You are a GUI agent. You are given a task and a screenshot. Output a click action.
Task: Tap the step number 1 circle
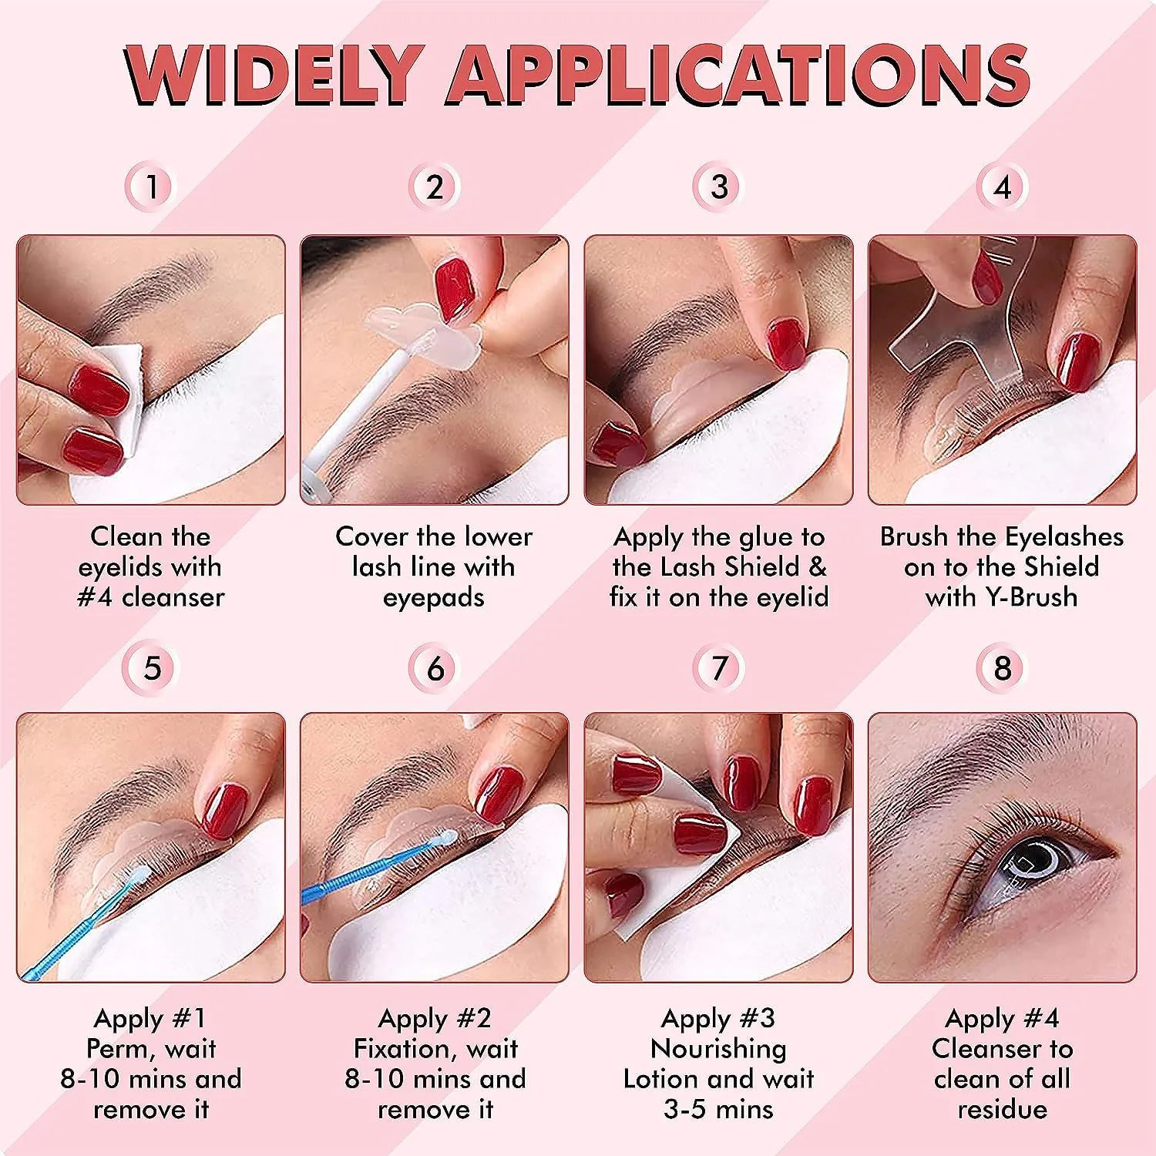click(x=153, y=187)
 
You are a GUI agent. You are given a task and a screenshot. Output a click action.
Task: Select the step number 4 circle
click(x=1003, y=187)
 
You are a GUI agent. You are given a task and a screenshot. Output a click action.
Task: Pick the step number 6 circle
click(x=435, y=668)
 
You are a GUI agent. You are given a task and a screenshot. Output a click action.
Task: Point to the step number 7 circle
click(x=719, y=668)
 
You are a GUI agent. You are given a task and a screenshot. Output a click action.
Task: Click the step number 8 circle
click(x=1003, y=668)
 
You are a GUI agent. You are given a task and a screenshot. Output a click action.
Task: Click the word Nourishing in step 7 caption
click(x=718, y=1049)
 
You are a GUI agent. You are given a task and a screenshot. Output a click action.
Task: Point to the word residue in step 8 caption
click(x=1003, y=1109)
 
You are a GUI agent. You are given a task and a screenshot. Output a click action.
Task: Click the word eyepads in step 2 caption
click(x=434, y=598)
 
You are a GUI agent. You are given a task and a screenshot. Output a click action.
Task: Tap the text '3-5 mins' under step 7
click(x=718, y=1109)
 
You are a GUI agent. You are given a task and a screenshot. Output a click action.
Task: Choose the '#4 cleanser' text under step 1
click(x=151, y=597)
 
